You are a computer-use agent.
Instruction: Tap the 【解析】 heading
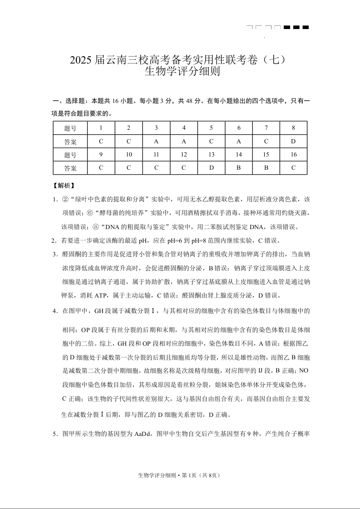pos(64,186)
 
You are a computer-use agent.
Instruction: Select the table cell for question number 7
pos(266,128)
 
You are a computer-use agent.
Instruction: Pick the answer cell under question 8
pos(293,141)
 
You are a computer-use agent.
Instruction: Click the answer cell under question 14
pos(239,168)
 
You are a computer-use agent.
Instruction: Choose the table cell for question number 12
pos(184,155)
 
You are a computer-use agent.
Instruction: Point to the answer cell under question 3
pos(156,141)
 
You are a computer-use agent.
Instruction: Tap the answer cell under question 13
pos(211,168)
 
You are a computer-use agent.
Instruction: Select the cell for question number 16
pos(293,155)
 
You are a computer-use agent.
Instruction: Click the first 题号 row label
pos(70,128)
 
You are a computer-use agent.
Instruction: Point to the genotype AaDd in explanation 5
pos(144,434)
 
